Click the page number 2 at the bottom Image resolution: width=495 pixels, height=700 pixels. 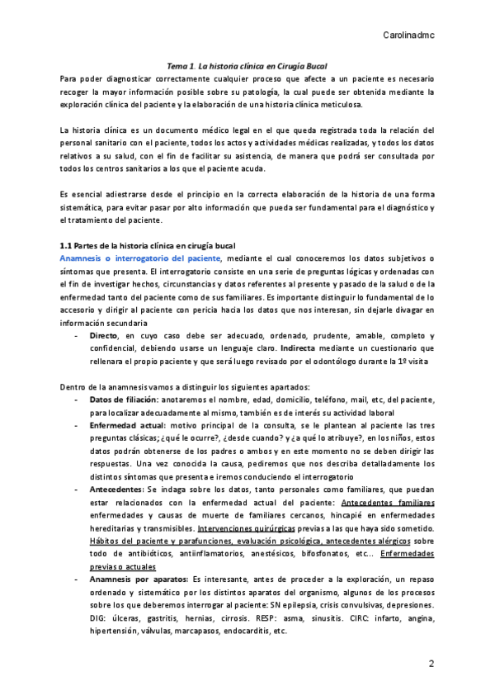[x=431, y=665]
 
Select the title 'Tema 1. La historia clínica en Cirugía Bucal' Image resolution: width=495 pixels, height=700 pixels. [x=247, y=64]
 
